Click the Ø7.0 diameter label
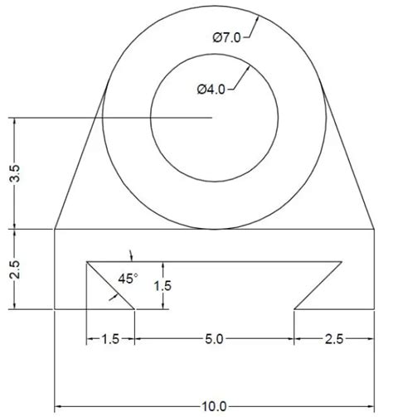[x=229, y=37]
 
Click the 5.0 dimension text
[x=214, y=339]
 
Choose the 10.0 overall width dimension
[x=214, y=406]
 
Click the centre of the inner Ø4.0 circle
[x=214, y=119]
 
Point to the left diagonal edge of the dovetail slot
[x=112, y=286]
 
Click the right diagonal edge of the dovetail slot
[x=318, y=286]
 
